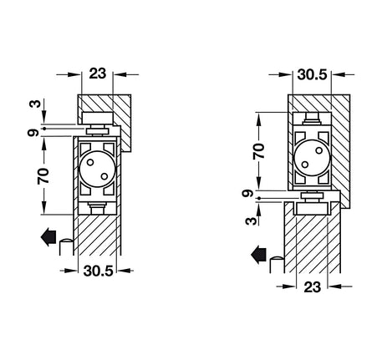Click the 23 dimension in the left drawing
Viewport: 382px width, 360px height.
(x=98, y=74)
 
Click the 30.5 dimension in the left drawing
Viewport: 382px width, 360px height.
(x=98, y=271)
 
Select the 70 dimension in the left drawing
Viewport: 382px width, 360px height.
(x=43, y=176)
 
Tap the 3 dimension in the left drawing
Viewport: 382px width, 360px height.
(x=35, y=104)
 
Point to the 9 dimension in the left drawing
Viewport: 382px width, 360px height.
(x=33, y=133)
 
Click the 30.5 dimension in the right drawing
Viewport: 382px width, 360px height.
(x=312, y=74)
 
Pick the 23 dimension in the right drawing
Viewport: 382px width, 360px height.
(x=313, y=287)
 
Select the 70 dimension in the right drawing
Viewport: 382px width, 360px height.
(x=258, y=151)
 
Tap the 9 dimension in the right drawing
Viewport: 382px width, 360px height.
(x=247, y=193)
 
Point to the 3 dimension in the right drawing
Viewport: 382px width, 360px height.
(x=251, y=221)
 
